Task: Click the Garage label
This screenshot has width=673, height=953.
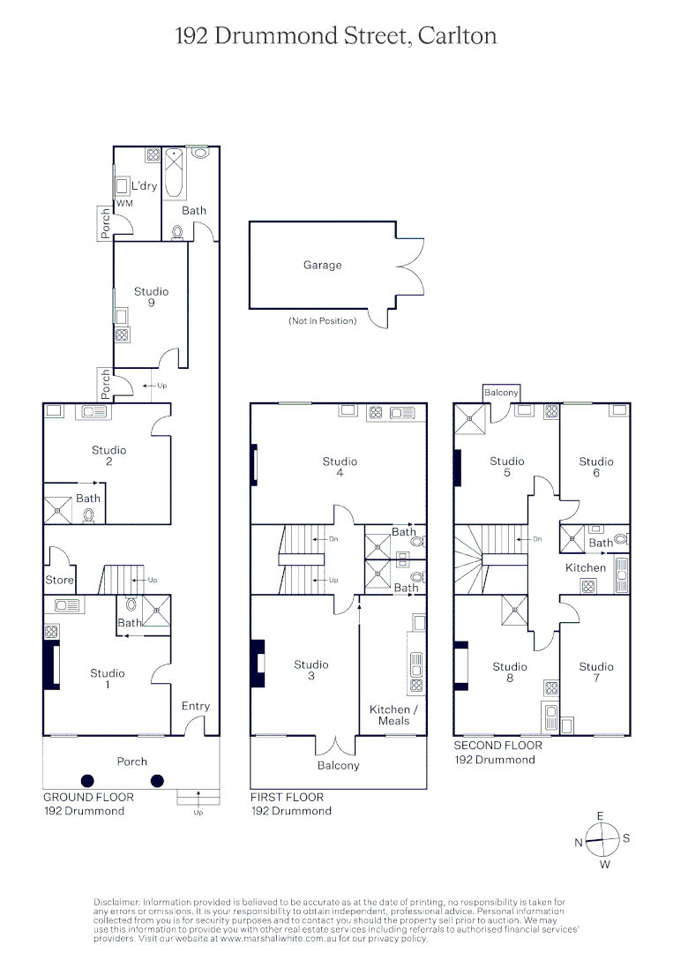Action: (x=322, y=265)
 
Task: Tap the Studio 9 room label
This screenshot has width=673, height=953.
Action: (x=151, y=297)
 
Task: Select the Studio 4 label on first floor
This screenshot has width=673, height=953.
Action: (x=340, y=467)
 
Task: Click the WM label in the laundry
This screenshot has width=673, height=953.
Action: (x=123, y=204)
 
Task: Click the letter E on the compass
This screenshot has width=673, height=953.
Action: (x=601, y=816)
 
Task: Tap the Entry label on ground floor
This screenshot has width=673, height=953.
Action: (x=196, y=706)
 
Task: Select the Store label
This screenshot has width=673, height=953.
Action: (x=60, y=580)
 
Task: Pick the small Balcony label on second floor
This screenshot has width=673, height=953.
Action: (x=501, y=393)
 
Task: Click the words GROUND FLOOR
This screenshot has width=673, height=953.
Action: (x=89, y=797)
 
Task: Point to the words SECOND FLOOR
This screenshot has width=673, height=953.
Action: (x=497, y=746)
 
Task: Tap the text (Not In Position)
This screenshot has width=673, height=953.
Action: (x=323, y=320)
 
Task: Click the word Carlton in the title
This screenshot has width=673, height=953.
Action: (x=457, y=36)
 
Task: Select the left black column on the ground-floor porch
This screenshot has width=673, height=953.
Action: (x=87, y=780)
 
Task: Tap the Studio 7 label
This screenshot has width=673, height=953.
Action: (x=596, y=672)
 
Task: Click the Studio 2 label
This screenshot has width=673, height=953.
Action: (x=108, y=455)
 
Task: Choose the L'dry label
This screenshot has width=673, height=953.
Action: (x=144, y=186)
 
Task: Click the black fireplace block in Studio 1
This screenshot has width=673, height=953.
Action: (x=49, y=667)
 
